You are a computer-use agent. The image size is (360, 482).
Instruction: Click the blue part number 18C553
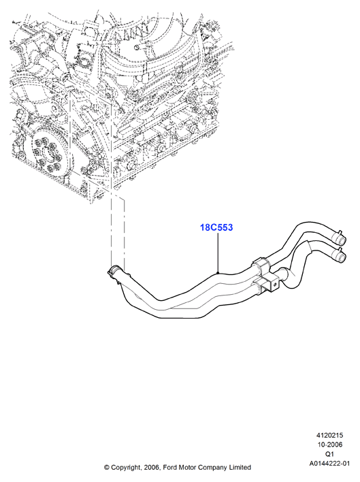216,227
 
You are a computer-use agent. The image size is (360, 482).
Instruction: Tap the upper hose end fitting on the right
338,238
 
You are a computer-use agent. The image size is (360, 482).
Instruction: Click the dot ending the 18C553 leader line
218,272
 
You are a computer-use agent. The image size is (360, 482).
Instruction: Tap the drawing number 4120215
329,435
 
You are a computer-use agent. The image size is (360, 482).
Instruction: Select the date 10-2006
329,445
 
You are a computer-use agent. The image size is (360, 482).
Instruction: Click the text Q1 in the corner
329,453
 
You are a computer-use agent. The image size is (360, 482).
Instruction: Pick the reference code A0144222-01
329,463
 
